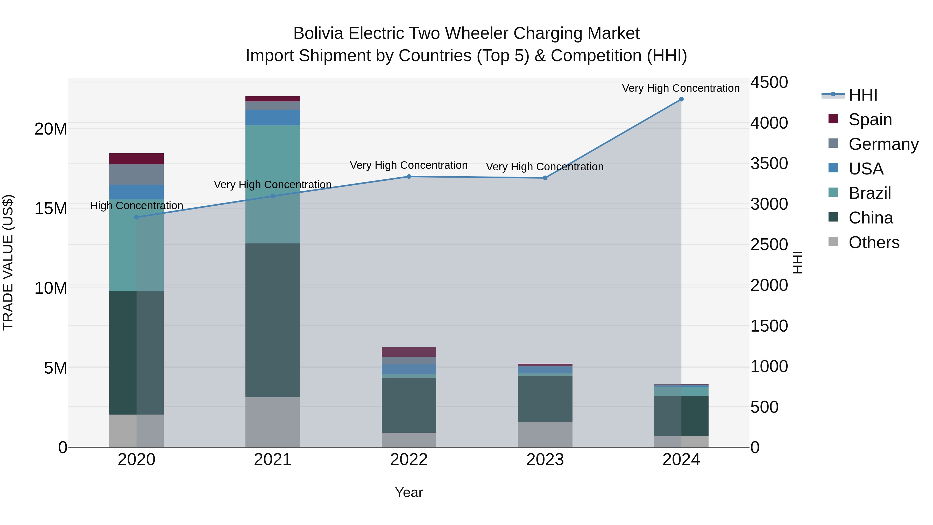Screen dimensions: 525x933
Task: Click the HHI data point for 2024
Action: pos(681,99)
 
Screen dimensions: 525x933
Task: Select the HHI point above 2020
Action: pos(137,218)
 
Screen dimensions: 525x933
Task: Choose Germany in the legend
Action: pos(883,144)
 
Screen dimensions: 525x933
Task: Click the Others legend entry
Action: pos(874,242)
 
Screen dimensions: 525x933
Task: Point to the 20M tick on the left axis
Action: pos(51,129)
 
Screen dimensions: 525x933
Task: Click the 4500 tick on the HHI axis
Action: pos(769,82)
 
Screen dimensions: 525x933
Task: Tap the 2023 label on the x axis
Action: pos(545,460)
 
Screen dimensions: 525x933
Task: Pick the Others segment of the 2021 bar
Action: pos(273,422)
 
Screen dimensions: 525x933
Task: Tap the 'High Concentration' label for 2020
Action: pos(137,206)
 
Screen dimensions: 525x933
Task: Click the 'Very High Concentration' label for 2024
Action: pos(681,88)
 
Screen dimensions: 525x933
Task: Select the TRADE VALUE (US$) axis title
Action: pos(8,262)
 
